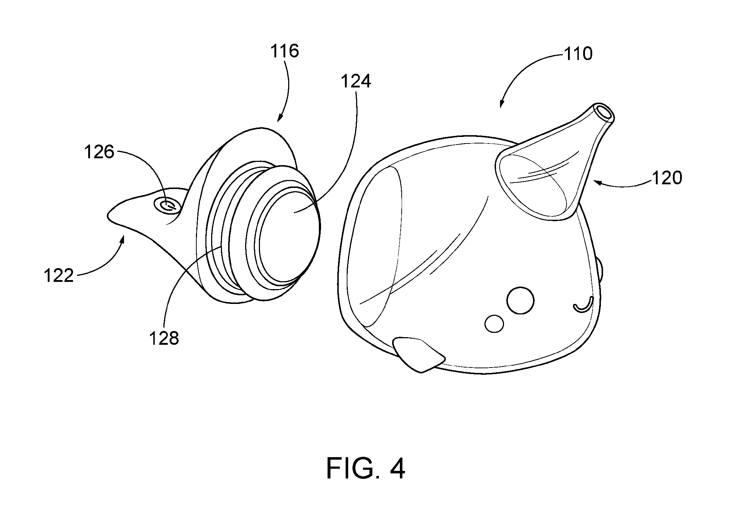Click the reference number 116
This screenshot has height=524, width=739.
click(x=285, y=52)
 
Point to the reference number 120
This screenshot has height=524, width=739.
click(x=667, y=178)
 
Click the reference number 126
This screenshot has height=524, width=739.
click(x=99, y=152)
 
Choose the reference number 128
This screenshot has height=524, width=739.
click(x=164, y=339)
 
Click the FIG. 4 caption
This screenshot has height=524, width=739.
click(x=366, y=469)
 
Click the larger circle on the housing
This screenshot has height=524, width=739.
click(x=520, y=300)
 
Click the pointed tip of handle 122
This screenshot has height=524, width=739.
click(x=108, y=216)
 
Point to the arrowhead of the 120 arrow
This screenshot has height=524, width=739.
click(x=595, y=183)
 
